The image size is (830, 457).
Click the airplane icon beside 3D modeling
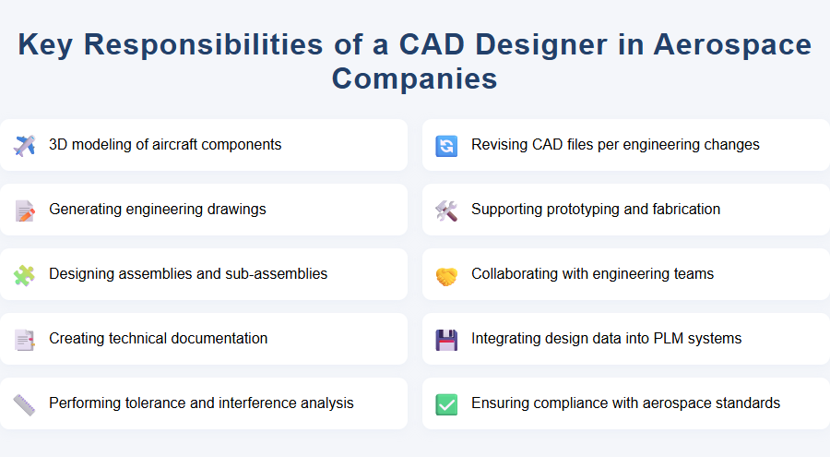pyautogui.click(x=25, y=145)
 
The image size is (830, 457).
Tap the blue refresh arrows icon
pyautogui.click(x=446, y=145)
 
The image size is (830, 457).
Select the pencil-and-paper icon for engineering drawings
pyautogui.click(x=25, y=210)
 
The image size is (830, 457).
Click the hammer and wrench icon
pyautogui.click(x=446, y=210)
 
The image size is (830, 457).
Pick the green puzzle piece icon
pyautogui.click(x=25, y=274)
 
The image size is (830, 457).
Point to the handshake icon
pyautogui.click(x=446, y=274)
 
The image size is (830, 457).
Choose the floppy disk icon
pyautogui.click(x=446, y=339)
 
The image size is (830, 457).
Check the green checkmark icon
pyautogui.click(x=446, y=403)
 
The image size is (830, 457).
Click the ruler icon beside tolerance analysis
pyautogui.click(x=25, y=403)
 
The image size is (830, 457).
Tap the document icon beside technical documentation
pyautogui.click(x=25, y=339)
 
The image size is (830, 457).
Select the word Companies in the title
pyautogui.click(x=414, y=78)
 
